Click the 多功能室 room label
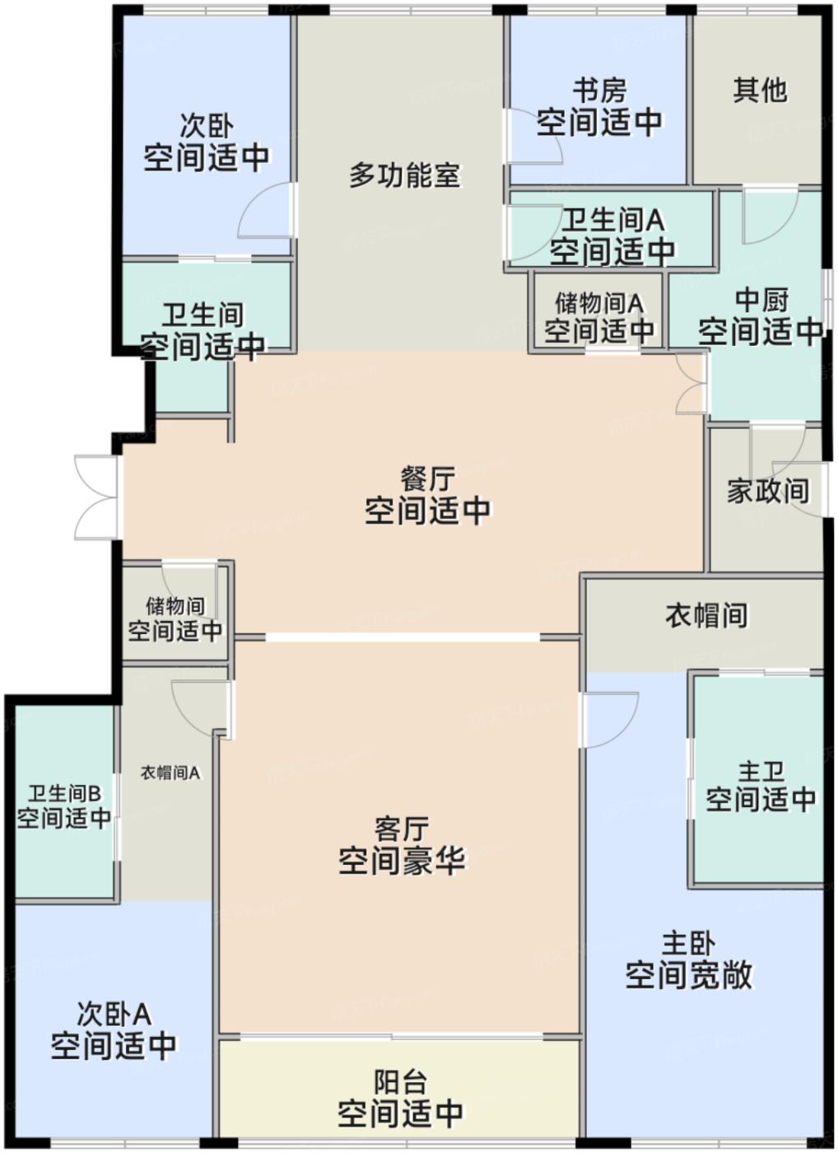coord(404,175)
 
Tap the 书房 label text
coord(599,89)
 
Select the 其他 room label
coord(759,89)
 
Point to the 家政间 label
coord(767,491)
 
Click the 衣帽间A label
coord(170,773)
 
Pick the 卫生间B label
coord(64,793)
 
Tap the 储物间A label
coord(598,302)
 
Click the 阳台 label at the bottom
coord(400,1081)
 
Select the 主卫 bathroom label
coord(760,772)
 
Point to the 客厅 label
coord(402,828)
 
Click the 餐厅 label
coord(427,478)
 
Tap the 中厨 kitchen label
coord(761,299)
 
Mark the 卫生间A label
coord(612,220)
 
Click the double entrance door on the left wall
coord(97,497)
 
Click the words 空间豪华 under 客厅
coord(402,861)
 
